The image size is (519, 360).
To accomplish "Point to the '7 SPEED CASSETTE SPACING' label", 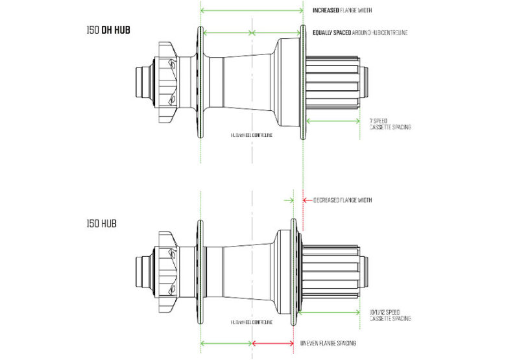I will click(x=389, y=124).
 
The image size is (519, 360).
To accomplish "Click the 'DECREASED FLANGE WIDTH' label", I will click(x=343, y=200).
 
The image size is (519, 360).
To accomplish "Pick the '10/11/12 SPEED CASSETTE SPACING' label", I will click(x=390, y=315).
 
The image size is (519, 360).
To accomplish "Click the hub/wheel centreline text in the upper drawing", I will click(x=251, y=135).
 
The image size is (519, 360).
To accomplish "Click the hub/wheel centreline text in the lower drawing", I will click(x=251, y=321).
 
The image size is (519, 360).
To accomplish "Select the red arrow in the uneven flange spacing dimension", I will click(x=273, y=343).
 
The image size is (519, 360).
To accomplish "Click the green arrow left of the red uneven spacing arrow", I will click(x=226, y=343).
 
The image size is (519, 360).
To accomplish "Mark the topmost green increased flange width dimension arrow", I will click(x=252, y=10).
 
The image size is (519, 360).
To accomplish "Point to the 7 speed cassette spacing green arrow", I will click(x=332, y=121).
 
